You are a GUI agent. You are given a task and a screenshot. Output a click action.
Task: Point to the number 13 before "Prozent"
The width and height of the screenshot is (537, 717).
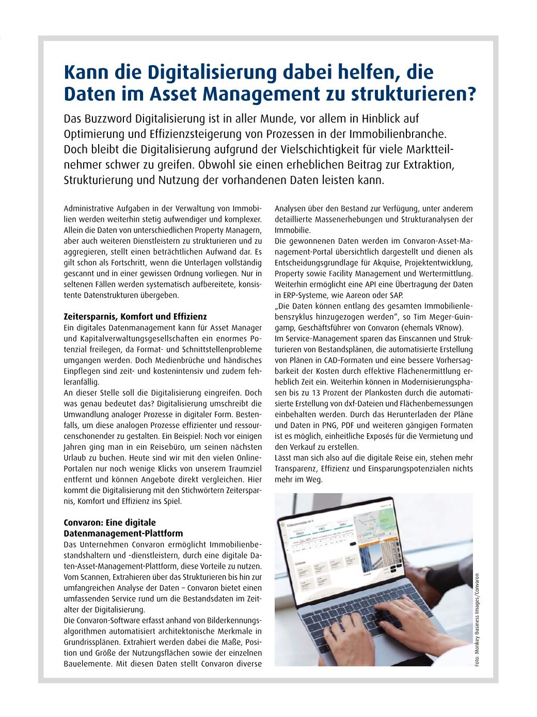point(308,393)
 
